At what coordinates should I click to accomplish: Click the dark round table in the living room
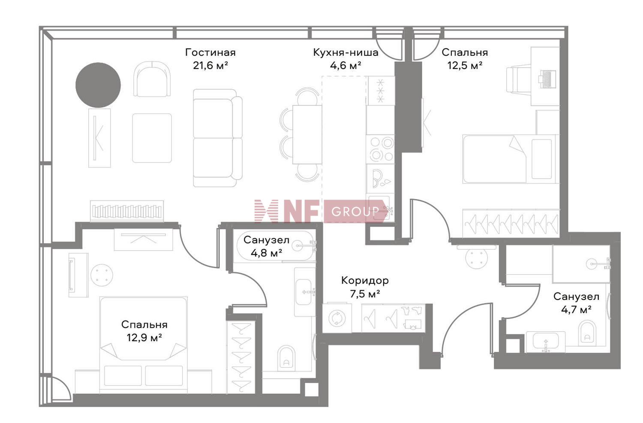[x=98, y=85]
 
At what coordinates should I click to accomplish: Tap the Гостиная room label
[x=210, y=53]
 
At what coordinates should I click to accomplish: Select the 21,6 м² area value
[x=210, y=66]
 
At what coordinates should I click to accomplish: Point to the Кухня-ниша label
[x=346, y=53]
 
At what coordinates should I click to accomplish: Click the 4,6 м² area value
[x=346, y=66]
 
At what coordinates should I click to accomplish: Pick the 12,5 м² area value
[x=465, y=66]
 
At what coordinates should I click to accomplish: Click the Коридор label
[x=365, y=280]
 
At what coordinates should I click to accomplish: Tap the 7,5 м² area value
[x=365, y=294]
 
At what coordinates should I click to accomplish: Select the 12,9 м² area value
[x=144, y=338]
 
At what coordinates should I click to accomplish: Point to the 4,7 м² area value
[x=576, y=310]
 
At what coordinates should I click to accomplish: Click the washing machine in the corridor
[x=337, y=318]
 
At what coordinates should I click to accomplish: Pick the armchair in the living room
[x=152, y=79]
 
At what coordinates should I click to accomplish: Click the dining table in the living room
[x=307, y=135]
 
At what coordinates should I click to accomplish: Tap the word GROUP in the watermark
[x=355, y=212]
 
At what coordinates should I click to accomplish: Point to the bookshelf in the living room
[x=127, y=211]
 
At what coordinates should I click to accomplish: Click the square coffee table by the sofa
[x=152, y=138]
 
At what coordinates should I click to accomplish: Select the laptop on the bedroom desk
[x=547, y=79]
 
